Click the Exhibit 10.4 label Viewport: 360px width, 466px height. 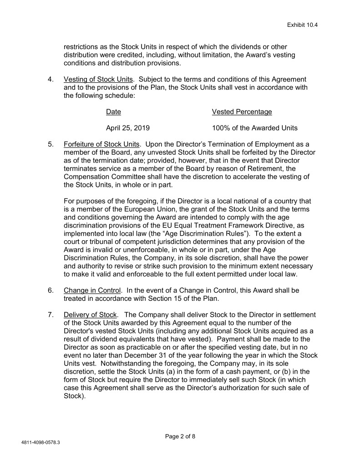coord(302,25)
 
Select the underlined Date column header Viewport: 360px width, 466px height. coord(113,111)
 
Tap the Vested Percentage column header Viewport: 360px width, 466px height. coord(242,111)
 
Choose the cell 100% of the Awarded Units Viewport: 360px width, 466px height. coord(255,128)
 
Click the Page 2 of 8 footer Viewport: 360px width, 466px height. coord(180,436)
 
